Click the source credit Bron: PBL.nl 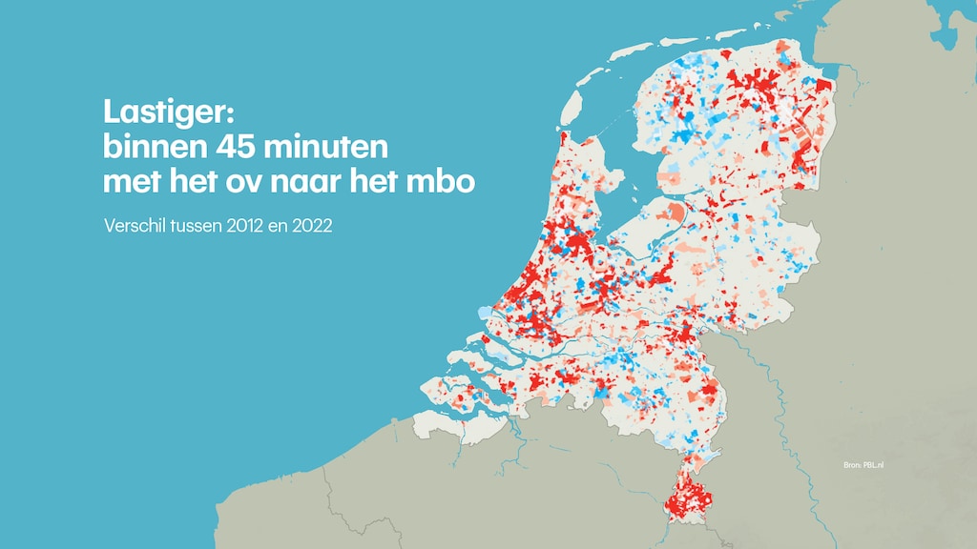pyautogui.click(x=863, y=465)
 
